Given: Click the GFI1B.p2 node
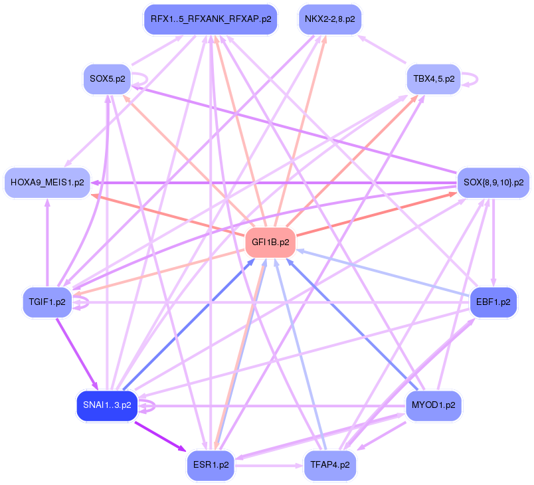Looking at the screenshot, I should coord(270,242).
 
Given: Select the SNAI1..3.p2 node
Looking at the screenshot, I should coord(107,405).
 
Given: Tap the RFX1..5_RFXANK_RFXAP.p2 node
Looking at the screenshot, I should coord(210,19).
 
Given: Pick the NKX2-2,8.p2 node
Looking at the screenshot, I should coord(329,19).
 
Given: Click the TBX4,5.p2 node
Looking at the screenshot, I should coord(433,79).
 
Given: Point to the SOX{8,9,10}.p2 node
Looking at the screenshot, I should coord(493,182).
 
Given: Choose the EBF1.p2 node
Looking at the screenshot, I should coord(493,302).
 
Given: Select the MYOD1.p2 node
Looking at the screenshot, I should coord(433,405).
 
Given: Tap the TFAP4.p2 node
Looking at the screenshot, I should coord(330,464).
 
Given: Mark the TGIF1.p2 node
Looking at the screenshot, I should coord(47,302).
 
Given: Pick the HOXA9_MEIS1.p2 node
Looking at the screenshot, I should coord(47,182).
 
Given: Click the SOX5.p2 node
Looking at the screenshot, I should coord(107,79).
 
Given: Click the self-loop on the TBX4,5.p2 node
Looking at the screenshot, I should coord(472,78).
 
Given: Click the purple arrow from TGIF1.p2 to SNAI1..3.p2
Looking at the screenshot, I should coord(76,353).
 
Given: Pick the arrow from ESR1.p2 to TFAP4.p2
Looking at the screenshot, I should coord(269,465).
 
